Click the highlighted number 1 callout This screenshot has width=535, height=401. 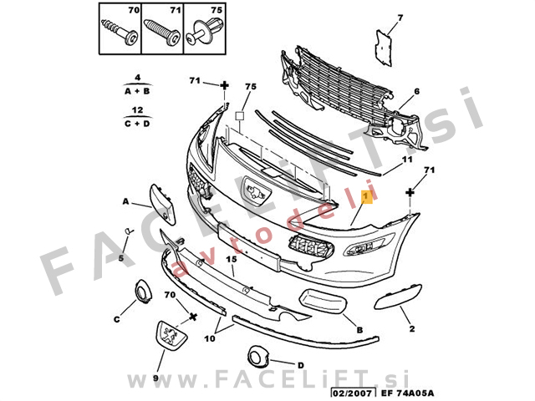367,197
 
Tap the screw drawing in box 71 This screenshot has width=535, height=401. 162,32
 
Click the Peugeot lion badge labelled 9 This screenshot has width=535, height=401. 171,335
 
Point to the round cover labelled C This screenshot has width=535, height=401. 143,292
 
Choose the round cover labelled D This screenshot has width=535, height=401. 258,356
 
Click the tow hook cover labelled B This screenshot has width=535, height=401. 323,301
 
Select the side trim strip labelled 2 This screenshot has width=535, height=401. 398,297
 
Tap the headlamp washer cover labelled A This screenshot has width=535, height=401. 163,204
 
